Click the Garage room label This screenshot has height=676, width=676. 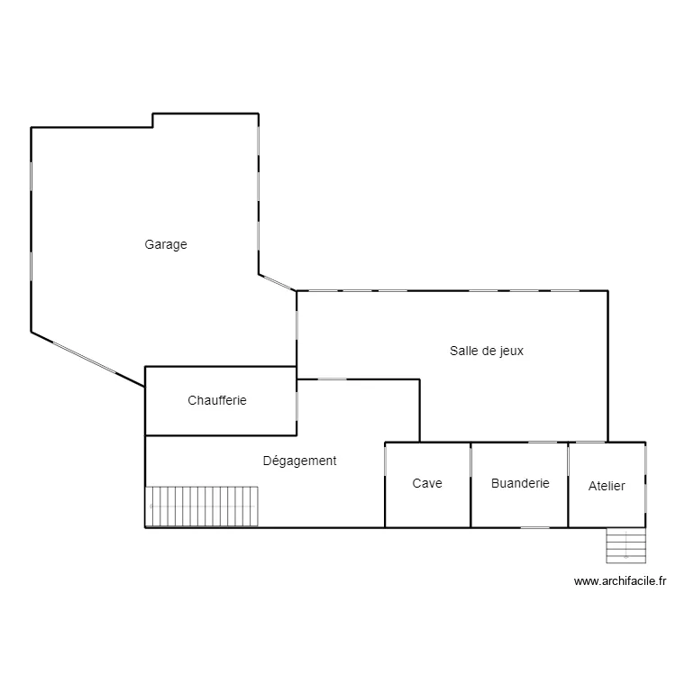coord(166,245)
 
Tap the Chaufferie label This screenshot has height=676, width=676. coord(217,400)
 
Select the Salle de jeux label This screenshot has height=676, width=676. coord(487,352)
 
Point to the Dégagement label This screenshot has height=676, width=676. coord(299,461)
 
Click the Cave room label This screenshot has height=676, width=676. coord(427,483)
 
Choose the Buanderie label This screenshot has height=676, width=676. coord(520,483)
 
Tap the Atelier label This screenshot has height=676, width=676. coord(607,486)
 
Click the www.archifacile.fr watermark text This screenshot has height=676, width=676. coord(619,581)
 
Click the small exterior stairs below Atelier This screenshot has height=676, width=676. coord(626,544)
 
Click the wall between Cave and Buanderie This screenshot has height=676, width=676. coord(471,485)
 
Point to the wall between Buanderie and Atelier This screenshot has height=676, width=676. coord(568,485)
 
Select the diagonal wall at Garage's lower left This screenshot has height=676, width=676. coord(87,359)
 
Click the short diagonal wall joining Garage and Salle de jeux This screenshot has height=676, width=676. coord(278,282)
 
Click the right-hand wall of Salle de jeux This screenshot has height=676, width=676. coord(607,365)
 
